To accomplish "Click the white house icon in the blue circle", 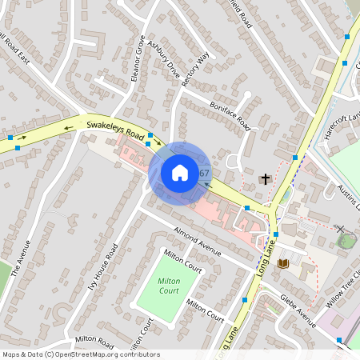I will tap(180, 173).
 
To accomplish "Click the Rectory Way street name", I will tap(194, 70).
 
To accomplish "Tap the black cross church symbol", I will tap(266, 178).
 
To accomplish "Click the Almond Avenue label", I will tap(197, 242).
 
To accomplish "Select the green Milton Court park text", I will tap(169, 286).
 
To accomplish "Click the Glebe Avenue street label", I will tap(298, 306).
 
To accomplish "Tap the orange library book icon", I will tap(282, 263).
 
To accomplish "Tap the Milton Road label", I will tap(95, 340).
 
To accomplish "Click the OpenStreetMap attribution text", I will tap(81, 354).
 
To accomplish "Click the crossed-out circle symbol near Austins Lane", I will tap(341, 229).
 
